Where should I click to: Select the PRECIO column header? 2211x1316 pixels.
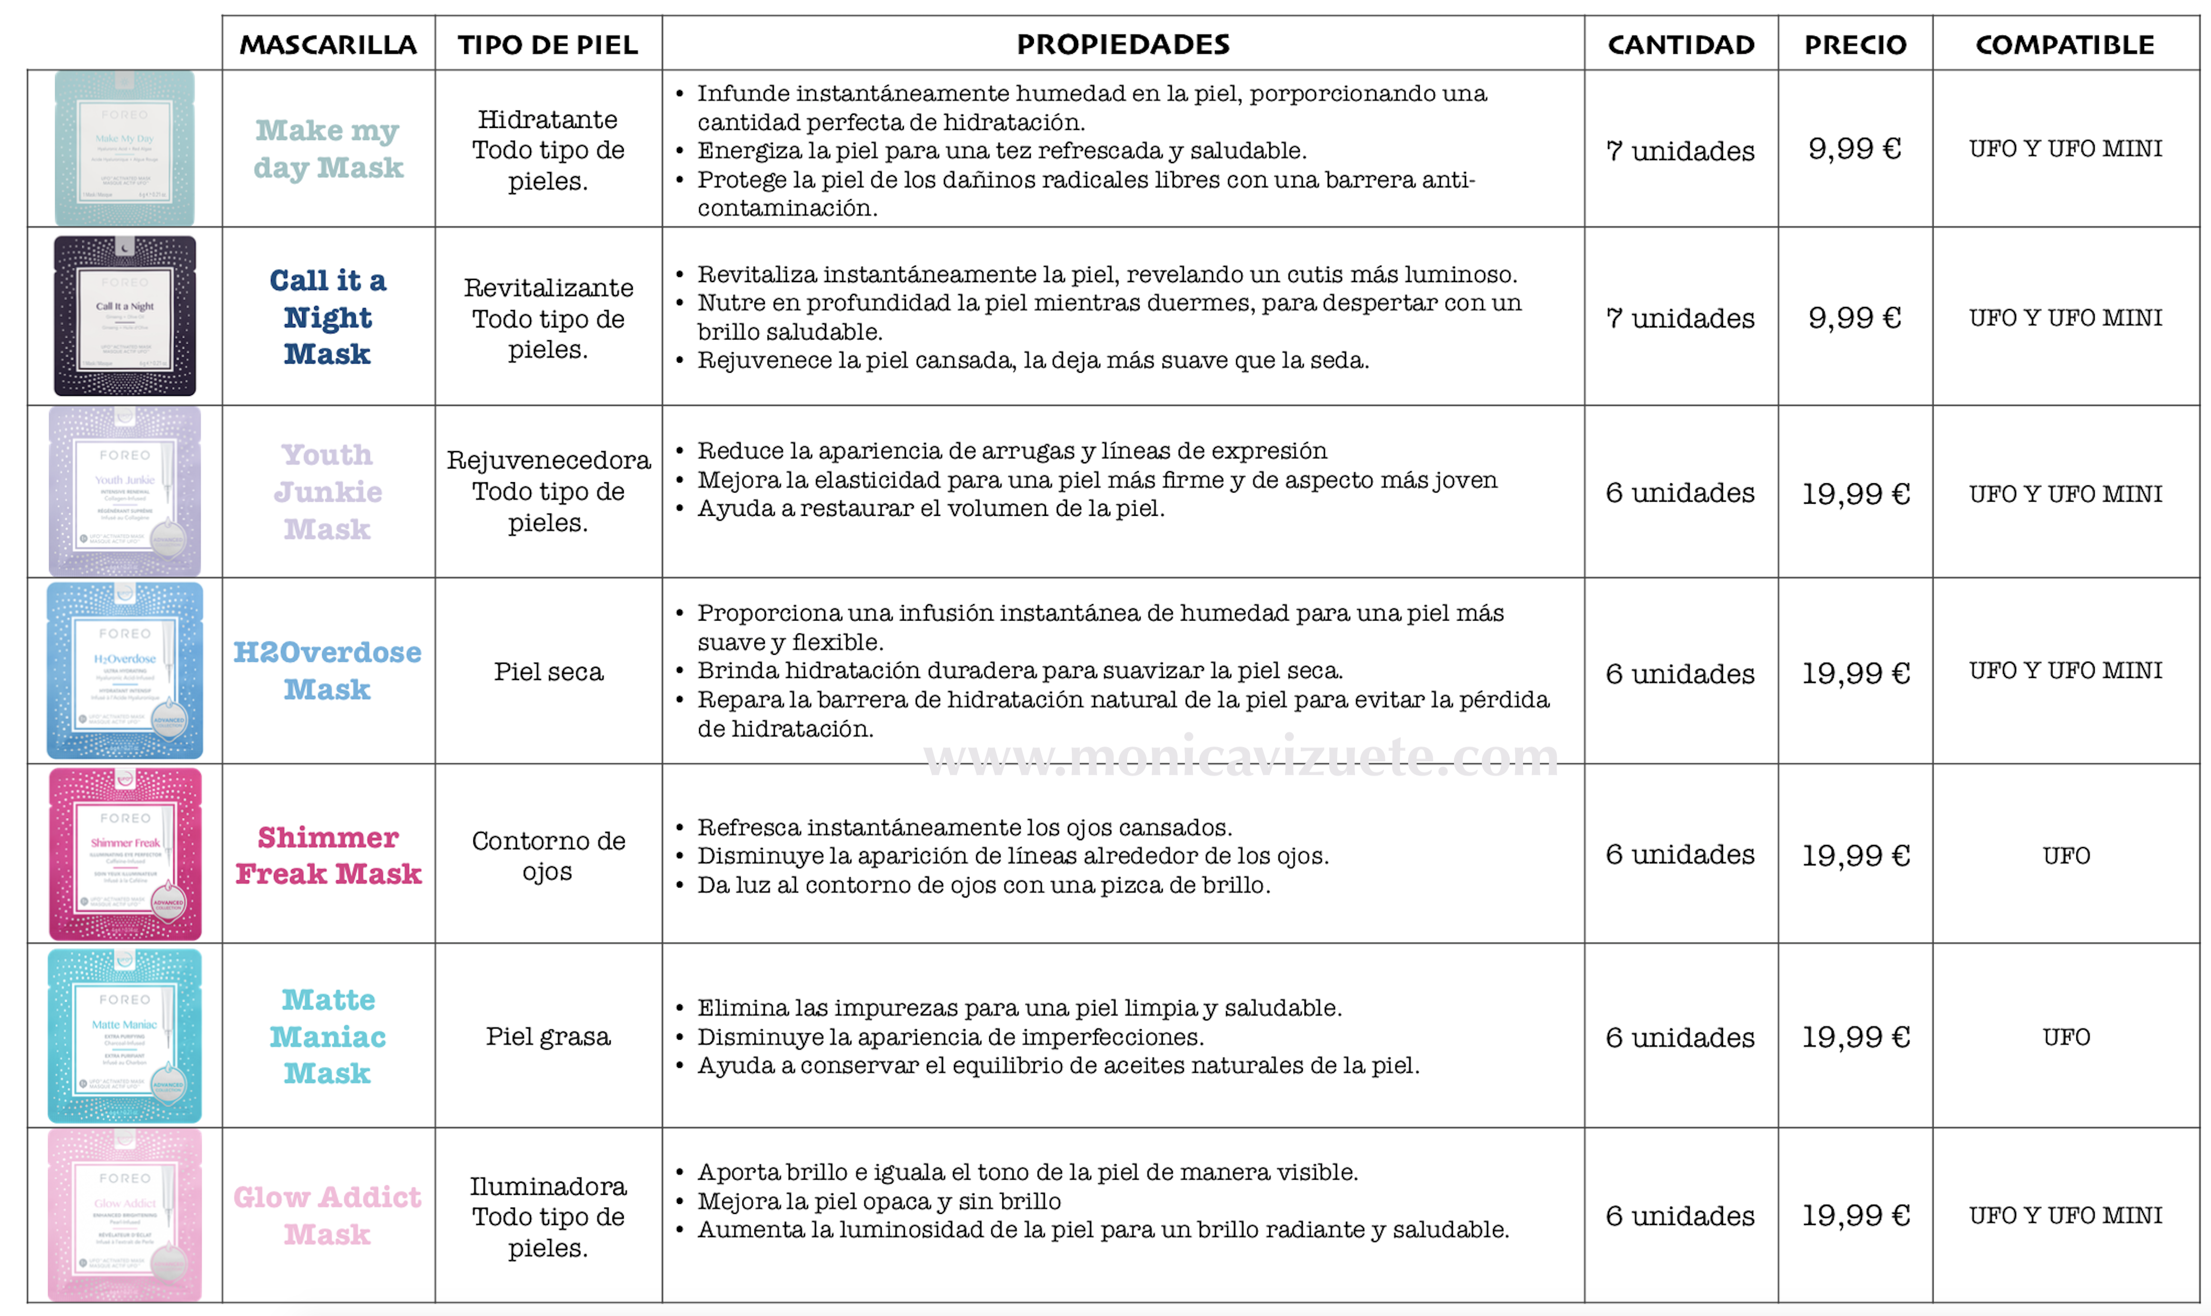coord(1855,44)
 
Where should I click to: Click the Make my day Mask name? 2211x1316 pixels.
coord(328,149)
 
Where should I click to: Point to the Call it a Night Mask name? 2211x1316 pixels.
coord(328,316)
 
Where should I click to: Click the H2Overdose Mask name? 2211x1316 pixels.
coord(328,671)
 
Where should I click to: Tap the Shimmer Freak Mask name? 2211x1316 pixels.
coord(328,855)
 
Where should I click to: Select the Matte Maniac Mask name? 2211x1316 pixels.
coord(328,1036)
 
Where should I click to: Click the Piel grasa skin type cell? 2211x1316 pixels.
coord(548,1036)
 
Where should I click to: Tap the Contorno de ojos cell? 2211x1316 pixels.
coord(548,855)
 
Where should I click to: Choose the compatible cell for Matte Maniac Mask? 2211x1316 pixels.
coord(2066,1036)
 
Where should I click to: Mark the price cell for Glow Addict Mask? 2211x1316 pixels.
coord(1855,1215)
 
